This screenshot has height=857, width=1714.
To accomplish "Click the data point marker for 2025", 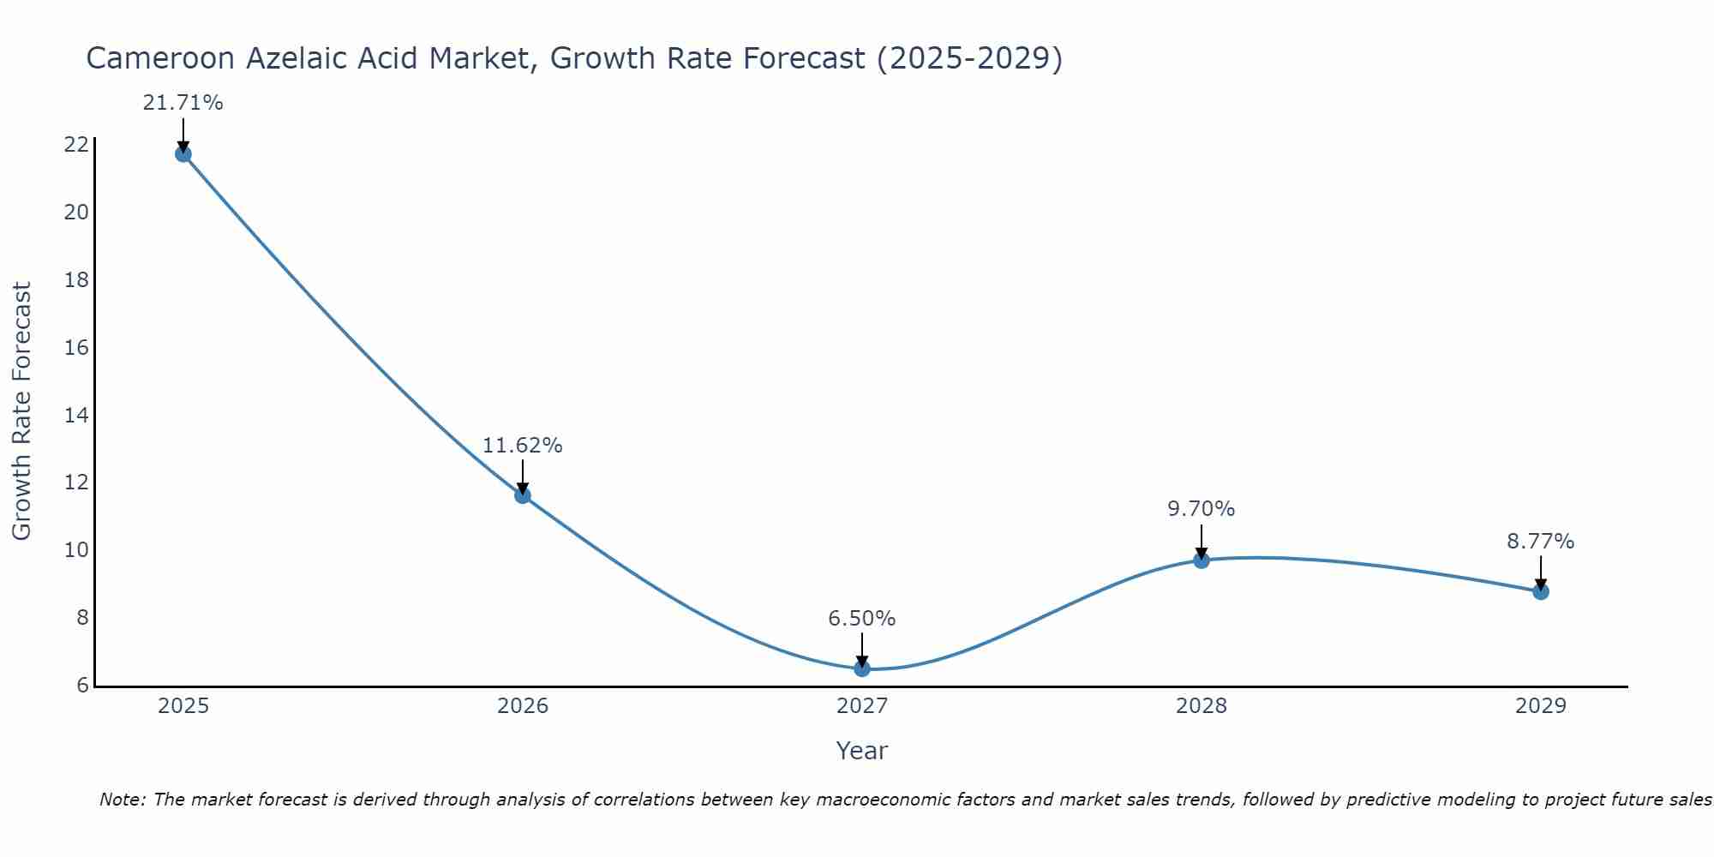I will pos(183,154).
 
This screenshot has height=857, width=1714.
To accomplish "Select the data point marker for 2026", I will pos(523,495).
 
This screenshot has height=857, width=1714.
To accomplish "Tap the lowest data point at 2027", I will pos(862,668).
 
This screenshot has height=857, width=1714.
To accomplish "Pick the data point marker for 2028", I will pos(1202,560).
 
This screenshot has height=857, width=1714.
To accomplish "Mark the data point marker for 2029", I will pos(1541,591).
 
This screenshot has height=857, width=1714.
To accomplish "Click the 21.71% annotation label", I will pos(183,104).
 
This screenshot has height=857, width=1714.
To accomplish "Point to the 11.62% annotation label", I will pos(522,446).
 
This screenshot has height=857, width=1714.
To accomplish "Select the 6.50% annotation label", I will pos(862,619).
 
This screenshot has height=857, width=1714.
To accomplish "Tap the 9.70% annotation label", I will pos(1202,509).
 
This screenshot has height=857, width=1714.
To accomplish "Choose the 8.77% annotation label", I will pos(1541,542).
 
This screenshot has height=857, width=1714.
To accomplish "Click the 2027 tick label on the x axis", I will pos(862,707).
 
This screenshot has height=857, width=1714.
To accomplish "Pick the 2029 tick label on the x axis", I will pos(1541,707).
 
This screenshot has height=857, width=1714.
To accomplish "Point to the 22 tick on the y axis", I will pos(76,145).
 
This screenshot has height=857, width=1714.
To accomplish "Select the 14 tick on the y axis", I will pos(76,416).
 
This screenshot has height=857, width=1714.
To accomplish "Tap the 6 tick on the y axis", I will pos(82,686).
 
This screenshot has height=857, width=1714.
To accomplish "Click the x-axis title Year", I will pos(862,751).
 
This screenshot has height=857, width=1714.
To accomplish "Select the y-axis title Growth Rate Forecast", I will pos(21,411).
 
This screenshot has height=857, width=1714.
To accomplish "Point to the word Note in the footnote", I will pos(123,800).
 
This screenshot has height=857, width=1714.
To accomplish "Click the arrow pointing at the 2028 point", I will pos(1202,542).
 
